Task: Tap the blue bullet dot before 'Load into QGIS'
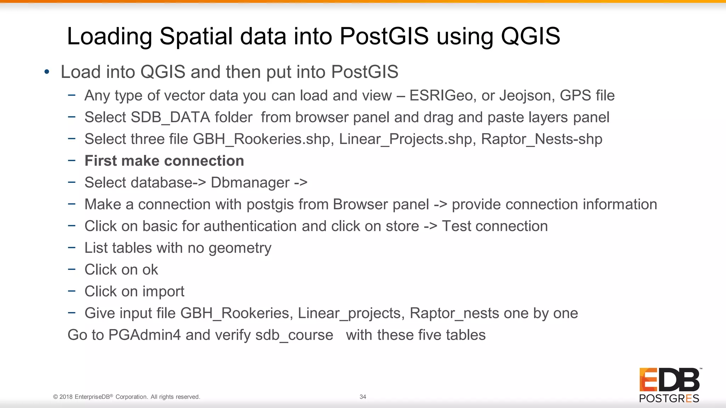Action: coord(47,72)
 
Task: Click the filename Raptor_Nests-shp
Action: coord(541,139)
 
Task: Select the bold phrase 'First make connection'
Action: coord(164,161)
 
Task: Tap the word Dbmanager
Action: coord(250,183)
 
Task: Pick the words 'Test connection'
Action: coord(495,226)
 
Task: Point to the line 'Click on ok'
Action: coord(121,270)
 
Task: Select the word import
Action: coord(163,292)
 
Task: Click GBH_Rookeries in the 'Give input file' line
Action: coord(236,313)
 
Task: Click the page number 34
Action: coord(363,397)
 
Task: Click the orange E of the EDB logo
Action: coord(647,380)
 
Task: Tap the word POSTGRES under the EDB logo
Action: coord(669,398)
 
